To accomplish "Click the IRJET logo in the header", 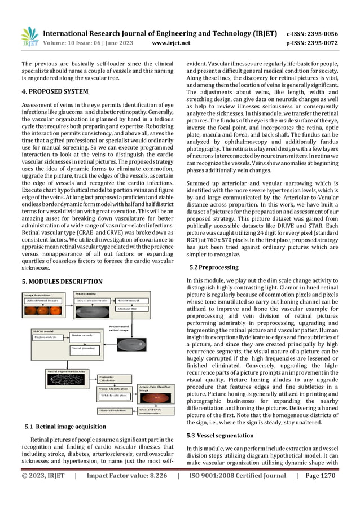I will tap(29, 37).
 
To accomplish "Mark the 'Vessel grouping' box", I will tap(84, 348).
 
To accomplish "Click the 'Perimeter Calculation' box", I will tap(113, 378).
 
